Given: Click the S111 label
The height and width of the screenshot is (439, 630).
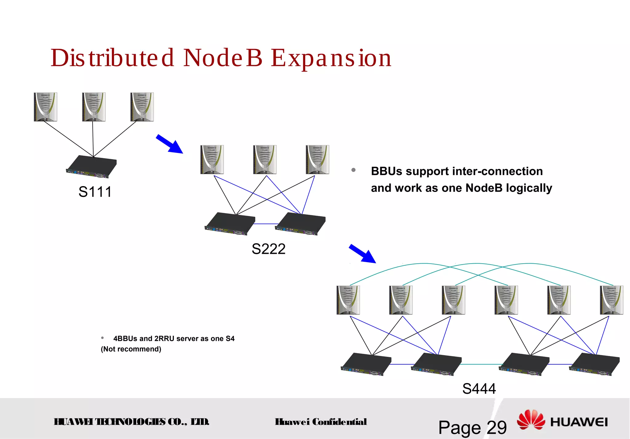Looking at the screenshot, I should pyautogui.click(x=95, y=192).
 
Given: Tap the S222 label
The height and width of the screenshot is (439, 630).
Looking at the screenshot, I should pyautogui.click(x=268, y=249).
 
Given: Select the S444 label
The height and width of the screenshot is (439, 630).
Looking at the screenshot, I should pyautogui.click(x=479, y=389).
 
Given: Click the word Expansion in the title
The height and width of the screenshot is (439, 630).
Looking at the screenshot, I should pyautogui.click(x=331, y=58).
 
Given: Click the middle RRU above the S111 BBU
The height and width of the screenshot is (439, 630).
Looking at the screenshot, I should pyautogui.click(x=94, y=107).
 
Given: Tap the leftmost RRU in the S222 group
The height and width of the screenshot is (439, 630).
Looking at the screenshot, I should pyautogui.click(x=212, y=160).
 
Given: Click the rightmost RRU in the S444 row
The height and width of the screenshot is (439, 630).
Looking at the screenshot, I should pyautogui.click(x=611, y=300).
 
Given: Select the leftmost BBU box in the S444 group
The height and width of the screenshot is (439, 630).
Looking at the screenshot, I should pyautogui.click(x=366, y=364).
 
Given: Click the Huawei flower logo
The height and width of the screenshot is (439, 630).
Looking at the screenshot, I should pyautogui.click(x=531, y=420).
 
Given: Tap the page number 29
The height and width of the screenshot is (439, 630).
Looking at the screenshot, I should pyautogui.click(x=496, y=428).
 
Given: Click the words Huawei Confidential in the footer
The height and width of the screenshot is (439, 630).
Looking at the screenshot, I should pyautogui.click(x=321, y=422).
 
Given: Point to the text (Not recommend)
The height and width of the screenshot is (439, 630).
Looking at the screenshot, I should pyautogui.click(x=131, y=349).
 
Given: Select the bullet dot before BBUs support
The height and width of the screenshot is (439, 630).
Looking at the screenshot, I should pyautogui.click(x=353, y=170).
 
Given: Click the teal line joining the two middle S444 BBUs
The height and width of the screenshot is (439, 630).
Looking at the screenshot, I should pyautogui.click(x=480, y=364).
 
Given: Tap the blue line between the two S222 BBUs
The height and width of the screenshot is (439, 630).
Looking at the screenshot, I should pyautogui.click(x=266, y=224).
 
